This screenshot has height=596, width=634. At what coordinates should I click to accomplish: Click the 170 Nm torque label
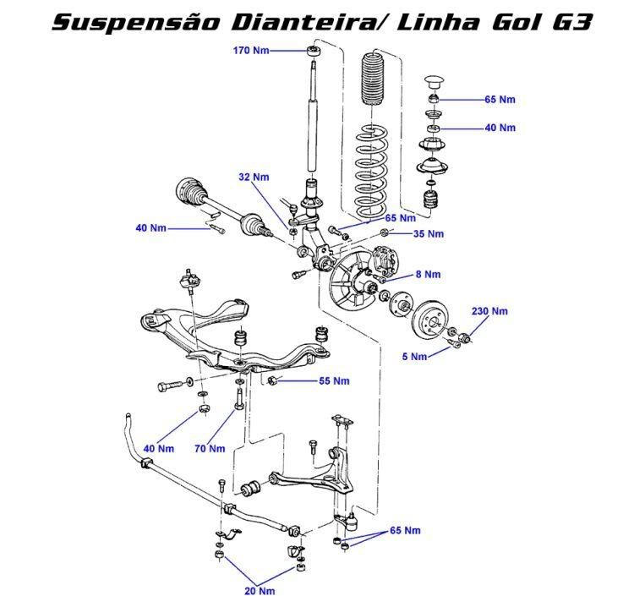[x=251, y=51]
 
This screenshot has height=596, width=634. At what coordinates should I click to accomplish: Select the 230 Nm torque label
[x=490, y=311]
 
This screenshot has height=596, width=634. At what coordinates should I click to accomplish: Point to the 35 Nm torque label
[x=429, y=233]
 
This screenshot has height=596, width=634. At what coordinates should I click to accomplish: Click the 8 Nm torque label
[x=428, y=275]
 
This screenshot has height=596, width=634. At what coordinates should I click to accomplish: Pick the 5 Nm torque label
[x=415, y=357]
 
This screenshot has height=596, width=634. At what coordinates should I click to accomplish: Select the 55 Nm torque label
[x=335, y=381]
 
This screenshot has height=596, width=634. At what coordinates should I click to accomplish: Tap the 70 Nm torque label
[x=210, y=448]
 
